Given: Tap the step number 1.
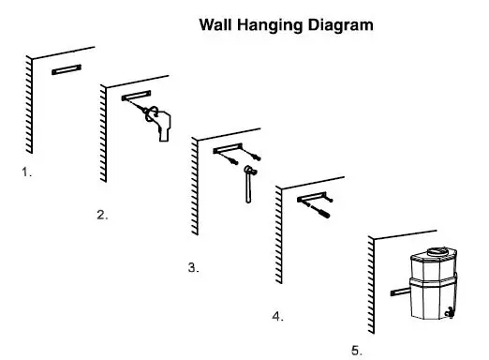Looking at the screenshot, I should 26,172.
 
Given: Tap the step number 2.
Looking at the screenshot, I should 101,215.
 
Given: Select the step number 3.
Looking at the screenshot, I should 193,267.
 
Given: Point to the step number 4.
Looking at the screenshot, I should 277,316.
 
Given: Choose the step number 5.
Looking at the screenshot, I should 356,350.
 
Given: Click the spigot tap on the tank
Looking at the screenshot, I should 450,314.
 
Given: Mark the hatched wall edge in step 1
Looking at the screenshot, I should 28,103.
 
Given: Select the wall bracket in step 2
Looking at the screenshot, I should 136,97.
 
